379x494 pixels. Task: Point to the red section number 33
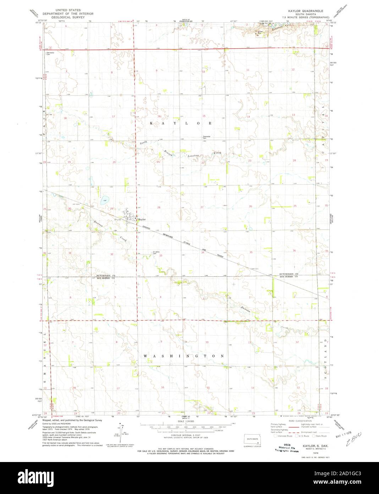[x=160, y=256]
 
